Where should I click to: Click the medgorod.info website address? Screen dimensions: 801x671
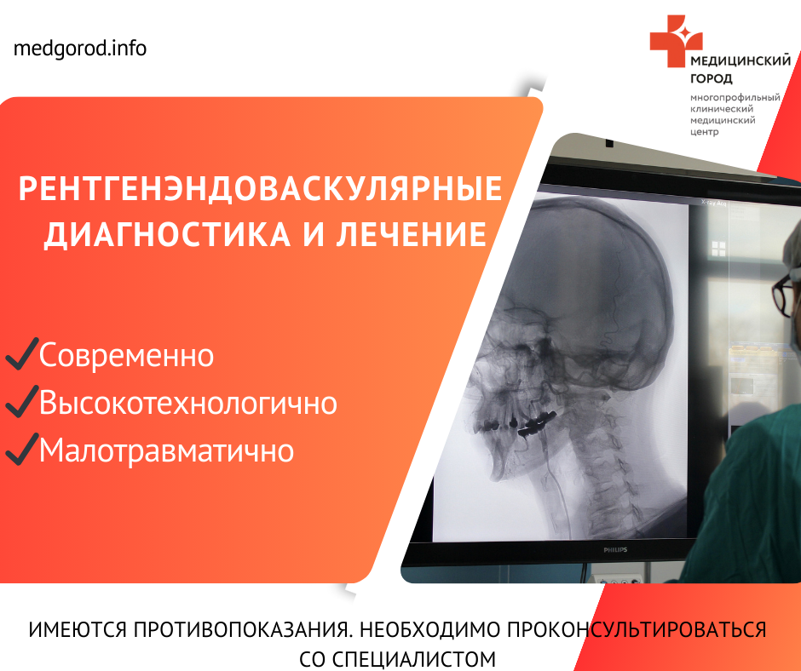[80, 49]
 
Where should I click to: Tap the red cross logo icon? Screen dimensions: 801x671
[676, 41]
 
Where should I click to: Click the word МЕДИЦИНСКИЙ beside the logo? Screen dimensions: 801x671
[740, 60]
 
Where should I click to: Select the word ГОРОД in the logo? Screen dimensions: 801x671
[711, 78]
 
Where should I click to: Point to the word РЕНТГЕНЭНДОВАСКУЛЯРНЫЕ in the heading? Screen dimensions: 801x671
[261, 188]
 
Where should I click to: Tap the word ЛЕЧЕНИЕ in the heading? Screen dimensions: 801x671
[411, 234]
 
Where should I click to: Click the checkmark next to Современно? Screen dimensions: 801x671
[22, 353]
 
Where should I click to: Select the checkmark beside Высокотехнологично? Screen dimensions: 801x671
[22, 401]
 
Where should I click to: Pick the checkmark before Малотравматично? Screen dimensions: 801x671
[22, 449]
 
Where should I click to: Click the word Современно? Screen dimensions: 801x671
[126, 355]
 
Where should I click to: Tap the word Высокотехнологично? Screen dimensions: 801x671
[188, 403]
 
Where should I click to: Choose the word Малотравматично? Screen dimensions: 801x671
[166, 450]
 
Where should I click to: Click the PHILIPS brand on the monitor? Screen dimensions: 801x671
[615, 550]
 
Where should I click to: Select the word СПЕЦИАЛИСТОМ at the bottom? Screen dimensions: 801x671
[414, 659]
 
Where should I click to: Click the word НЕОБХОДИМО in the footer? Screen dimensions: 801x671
[430, 629]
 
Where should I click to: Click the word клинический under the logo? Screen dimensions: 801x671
[722, 109]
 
